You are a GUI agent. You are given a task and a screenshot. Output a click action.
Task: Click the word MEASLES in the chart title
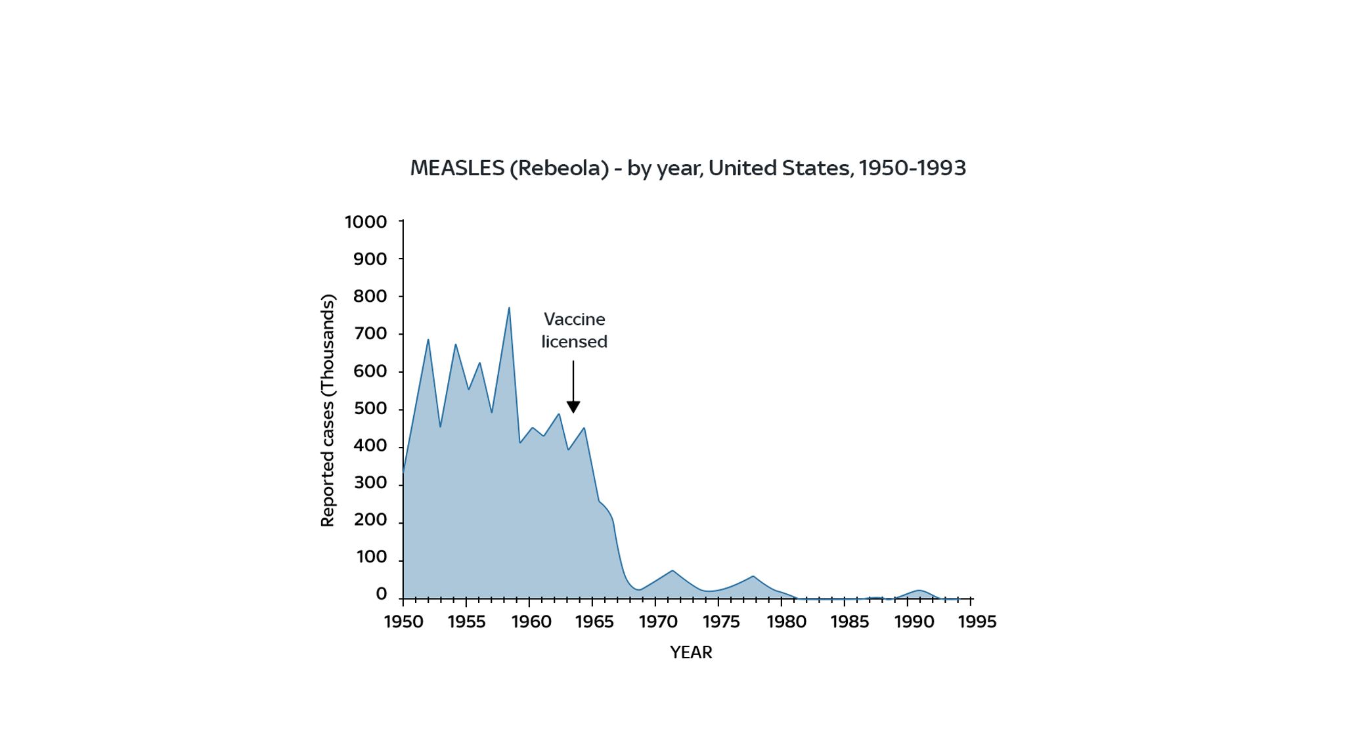[457, 169]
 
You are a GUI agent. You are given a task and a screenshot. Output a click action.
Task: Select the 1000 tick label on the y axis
[366, 222]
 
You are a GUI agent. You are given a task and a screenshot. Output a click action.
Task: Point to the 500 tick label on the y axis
[370, 409]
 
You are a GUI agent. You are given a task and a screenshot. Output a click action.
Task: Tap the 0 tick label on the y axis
[381, 595]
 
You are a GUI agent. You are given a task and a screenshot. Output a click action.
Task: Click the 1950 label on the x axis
[403, 622]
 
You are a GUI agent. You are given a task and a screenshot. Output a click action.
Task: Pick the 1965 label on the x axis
[594, 622]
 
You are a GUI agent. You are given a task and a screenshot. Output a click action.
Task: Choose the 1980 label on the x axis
[786, 622]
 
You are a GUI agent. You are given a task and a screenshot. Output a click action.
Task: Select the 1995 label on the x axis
[977, 622]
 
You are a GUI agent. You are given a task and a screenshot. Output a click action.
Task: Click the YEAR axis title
[691, 653]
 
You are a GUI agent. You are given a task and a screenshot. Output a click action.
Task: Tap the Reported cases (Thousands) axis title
[328, 410]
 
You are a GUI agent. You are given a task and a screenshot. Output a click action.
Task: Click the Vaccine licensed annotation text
[575, 331]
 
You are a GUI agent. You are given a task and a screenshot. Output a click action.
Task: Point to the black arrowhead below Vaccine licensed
[573, 408]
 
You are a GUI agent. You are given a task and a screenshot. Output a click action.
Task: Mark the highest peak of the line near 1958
[509, 308]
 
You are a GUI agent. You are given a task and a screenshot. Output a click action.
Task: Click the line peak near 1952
[428, 340]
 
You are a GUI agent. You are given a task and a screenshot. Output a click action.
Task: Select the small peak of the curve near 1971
[672, 571]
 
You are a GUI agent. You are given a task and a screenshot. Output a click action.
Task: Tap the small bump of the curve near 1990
[919, 591]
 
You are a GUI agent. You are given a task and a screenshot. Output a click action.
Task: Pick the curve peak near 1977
[753, 576]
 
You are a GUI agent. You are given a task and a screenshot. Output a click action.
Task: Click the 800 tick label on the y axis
[370, 297]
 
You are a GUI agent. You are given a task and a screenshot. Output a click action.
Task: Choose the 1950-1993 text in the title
[912, 169]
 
